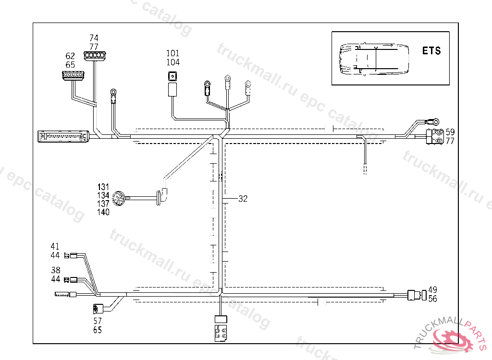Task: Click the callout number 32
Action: point(243,198)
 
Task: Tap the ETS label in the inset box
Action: point(431,50)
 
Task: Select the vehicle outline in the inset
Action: point(373,60)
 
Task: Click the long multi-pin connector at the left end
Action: point(63,136)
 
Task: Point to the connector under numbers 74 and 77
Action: point(95,56)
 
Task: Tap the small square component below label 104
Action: point(172,75)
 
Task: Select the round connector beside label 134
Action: point(118,198)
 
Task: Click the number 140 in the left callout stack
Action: point(103,212)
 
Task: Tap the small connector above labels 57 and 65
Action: point(98,309)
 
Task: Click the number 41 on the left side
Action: point(55,247)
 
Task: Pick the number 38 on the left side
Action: point(55,270)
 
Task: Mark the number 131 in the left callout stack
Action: point(103,187)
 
